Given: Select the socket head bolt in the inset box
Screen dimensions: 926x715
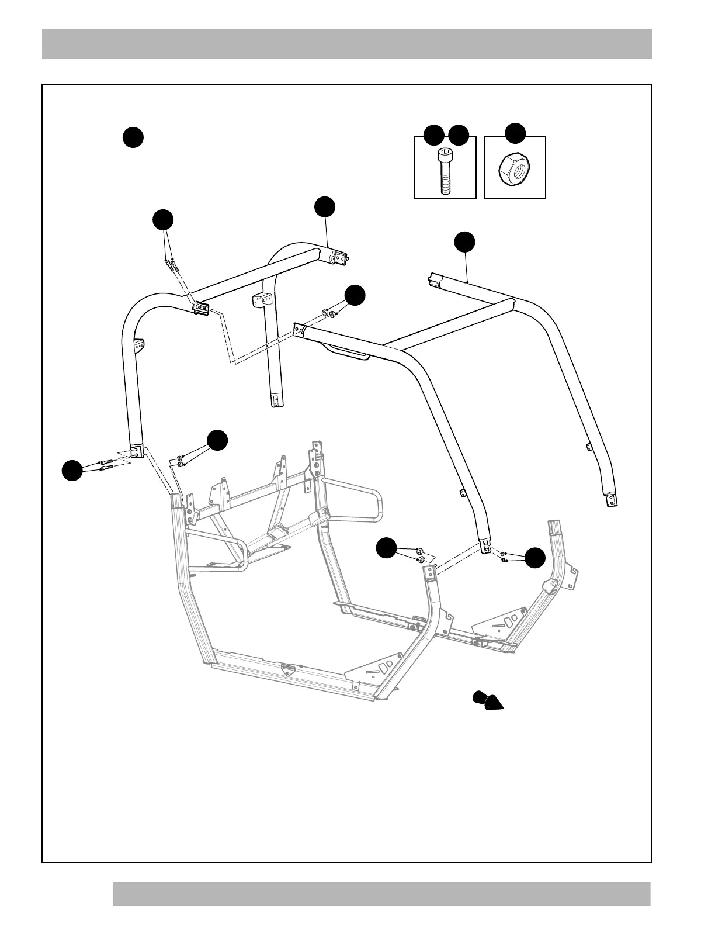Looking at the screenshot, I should [x=445, y=171].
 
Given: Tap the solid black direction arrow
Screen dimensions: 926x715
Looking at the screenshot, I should [x=488, y=700].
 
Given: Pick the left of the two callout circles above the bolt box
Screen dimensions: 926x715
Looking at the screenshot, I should [x=433, y=135].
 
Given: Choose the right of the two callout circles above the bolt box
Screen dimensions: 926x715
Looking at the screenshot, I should [x=459, y=135].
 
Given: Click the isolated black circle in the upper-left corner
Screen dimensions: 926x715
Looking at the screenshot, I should [x=133, y=137].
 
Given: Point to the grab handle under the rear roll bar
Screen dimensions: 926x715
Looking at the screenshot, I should [x=347, y=352].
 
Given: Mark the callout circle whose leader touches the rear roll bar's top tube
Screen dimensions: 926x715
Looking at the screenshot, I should [x=465, y=242].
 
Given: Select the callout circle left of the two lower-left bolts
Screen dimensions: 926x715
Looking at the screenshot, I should [x=72, y=471].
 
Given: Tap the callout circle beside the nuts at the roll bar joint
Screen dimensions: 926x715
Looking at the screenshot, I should [x=355, y=295].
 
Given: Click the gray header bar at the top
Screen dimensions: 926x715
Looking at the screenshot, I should [x=346, y=44].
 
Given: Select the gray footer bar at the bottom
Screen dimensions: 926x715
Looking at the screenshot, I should [x=381, y=893].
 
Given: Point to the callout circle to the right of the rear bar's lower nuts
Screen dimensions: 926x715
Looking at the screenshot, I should [x=534, y=558].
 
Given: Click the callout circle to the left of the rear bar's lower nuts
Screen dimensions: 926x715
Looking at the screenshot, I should [x=386, y=548].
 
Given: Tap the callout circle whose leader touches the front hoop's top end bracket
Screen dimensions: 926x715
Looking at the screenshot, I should [x=325, y=208].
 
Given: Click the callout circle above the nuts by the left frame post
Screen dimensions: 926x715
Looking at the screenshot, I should [x=217, y=440].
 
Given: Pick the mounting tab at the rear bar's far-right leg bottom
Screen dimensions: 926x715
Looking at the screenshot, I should [x=611, y=499].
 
